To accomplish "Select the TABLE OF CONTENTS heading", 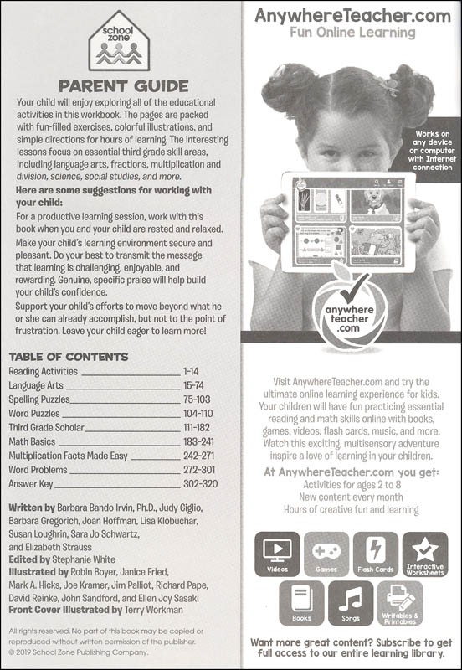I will [69, 356].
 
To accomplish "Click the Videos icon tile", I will [277, 554].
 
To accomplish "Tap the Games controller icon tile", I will [326, 554].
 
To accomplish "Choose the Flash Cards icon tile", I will [376, 554].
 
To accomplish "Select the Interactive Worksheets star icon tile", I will [425, 554].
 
